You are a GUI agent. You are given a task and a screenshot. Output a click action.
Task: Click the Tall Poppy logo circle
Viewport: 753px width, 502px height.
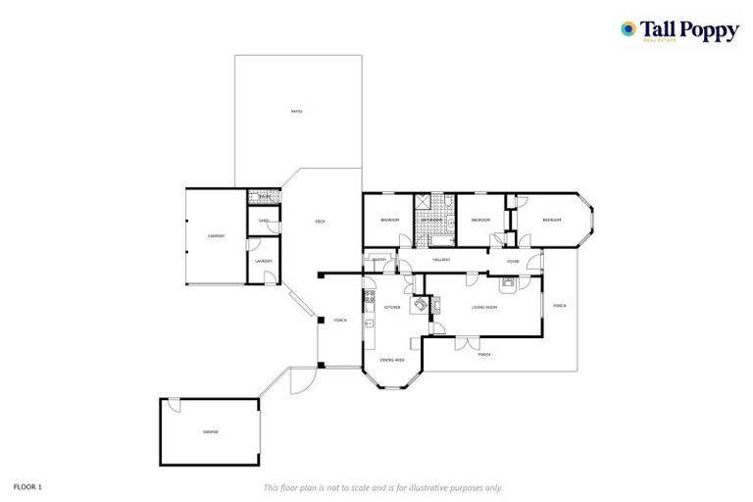[628, 28]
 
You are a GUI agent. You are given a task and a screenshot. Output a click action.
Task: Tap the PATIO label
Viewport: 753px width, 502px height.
[297, 111]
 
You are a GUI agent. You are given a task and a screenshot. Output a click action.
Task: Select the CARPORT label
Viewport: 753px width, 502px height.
[216, 236]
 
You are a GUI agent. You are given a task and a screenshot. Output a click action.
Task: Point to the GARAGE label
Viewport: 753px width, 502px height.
[211, 432]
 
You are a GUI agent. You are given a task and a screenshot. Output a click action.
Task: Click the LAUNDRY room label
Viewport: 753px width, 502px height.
[263, 261]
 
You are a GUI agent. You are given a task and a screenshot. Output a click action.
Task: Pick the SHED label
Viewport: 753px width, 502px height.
[264, 222]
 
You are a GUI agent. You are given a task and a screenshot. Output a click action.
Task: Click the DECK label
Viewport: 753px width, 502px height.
[320, 222]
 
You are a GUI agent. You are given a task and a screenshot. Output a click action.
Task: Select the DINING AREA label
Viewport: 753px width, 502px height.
[393, 360]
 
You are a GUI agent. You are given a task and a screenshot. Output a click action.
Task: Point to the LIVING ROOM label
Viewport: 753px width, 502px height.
[484, 308]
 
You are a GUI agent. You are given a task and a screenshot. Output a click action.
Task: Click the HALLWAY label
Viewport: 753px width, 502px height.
[442, 260]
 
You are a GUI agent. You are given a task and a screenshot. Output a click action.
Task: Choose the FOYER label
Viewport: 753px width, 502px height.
[513, 262]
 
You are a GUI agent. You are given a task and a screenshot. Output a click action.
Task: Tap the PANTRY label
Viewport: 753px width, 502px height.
[379, 260]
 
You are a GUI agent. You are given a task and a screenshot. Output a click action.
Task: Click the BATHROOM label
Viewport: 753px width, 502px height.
[432, 221]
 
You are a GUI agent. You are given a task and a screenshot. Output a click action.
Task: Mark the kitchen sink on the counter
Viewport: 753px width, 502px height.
[369, 323]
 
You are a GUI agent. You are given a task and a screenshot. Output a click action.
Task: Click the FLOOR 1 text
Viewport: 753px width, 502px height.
[28, 486]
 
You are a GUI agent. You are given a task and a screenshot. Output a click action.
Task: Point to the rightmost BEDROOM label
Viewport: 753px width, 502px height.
[552, 221]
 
